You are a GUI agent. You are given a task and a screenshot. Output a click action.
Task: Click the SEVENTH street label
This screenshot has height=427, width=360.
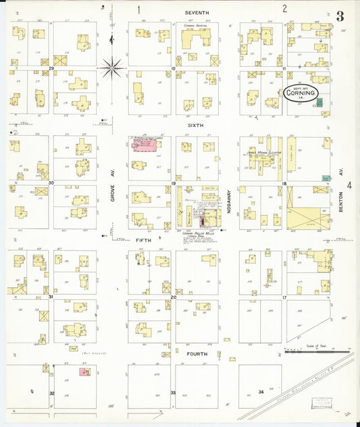click(x=197, y=13)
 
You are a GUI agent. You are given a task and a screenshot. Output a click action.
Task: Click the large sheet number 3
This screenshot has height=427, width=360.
click(x=340, y=17)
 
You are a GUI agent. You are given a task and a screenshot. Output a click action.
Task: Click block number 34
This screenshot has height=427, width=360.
click(x=261, y=392)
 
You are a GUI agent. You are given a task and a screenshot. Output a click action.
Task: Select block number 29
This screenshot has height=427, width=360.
click(x=51, y=68)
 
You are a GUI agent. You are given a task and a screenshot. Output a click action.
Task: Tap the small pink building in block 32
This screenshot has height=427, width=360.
click(x=84, y=371)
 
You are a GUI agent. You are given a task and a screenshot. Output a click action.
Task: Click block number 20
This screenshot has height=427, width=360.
click(x=173, y=297)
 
